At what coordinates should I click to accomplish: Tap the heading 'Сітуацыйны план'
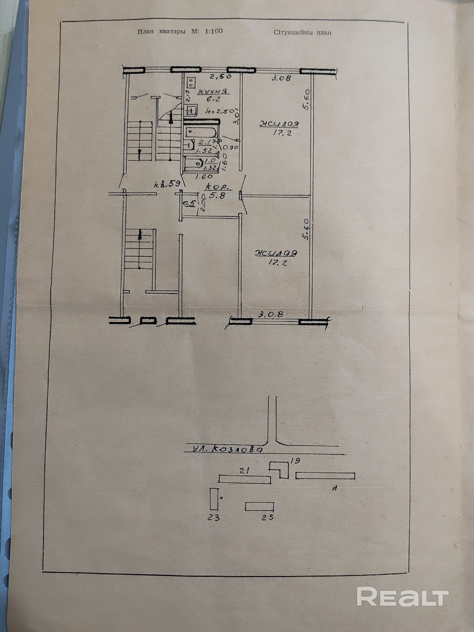pos(303,33)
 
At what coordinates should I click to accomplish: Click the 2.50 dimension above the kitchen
pos(220,77)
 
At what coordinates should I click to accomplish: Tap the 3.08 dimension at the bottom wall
pos(270,314)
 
